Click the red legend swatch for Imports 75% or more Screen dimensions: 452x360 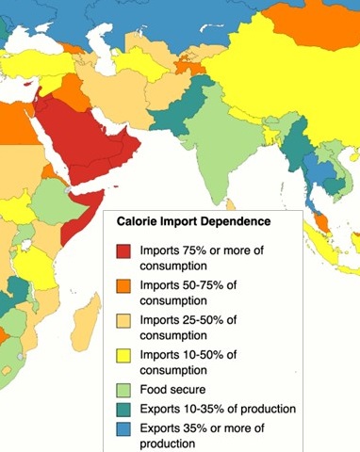coord(123,252)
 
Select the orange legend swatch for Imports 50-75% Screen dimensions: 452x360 coord(123,286)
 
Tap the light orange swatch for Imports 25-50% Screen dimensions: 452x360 coord(123,320)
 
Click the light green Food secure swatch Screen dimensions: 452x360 coord(123,388)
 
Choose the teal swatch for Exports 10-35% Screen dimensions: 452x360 coord(123,409)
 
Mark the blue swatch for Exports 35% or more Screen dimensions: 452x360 coord(123,428)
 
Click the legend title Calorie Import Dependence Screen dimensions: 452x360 coord(193,221)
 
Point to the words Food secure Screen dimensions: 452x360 coord(172,388)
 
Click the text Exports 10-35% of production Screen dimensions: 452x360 coord(218,409)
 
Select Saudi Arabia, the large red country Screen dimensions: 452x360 coord(85,141)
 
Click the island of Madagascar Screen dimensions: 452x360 coord(85,325)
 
